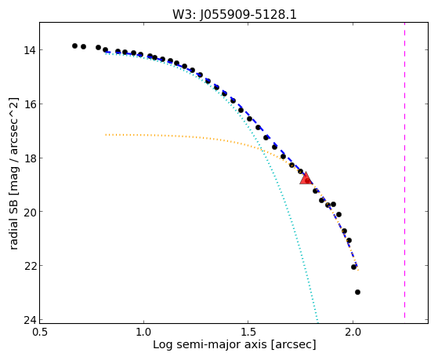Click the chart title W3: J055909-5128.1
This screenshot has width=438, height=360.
[234, 14]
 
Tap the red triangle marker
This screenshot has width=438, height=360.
[306, 179]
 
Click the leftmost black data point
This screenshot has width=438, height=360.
[74, 45]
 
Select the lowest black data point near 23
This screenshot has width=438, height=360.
[357, 292]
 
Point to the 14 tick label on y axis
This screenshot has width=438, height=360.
[29, 50]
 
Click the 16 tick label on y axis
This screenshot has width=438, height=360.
[29, 104]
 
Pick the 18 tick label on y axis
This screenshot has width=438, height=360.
[29, 158]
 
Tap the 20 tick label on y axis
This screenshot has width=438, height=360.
[29, 212]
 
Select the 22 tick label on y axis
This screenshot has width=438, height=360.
[29, 265]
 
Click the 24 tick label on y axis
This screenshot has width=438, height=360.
[29, 319]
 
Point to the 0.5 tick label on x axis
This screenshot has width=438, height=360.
[40, 333]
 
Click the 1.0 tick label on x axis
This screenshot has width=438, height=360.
[143, 333]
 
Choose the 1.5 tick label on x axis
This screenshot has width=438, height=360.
[248, 333]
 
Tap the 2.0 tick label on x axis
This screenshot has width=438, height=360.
[353, 333]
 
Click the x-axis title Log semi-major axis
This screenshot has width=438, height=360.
[209, 345]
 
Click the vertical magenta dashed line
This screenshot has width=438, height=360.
[404, 170]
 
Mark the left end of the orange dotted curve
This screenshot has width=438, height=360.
[106, 135]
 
